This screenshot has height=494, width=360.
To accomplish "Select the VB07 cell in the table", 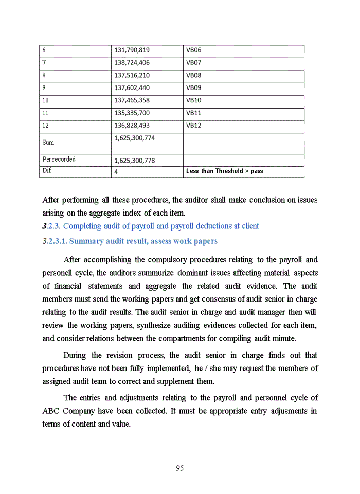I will (193, 63).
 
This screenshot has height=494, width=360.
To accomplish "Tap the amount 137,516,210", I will (132, 75).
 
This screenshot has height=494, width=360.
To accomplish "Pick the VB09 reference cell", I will (193, 88).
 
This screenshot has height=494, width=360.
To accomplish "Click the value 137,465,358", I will (132, 100).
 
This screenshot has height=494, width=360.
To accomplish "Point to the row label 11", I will (45, 113).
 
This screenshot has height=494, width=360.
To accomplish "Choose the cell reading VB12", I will (193, 126).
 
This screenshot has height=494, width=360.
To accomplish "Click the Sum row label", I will (48, 143).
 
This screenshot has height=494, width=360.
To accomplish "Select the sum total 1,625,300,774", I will (134, 138).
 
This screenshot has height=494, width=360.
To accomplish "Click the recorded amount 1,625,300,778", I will (134, 161).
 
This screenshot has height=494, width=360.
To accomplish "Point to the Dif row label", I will (47, 170).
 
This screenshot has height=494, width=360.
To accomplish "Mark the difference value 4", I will (116, 171).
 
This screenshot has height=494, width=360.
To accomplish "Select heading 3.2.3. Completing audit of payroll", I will (151, 226).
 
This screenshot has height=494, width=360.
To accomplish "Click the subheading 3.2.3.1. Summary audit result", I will (130, 241).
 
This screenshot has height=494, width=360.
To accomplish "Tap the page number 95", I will (179, 468).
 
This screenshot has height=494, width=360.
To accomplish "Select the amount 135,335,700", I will (132, 113).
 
